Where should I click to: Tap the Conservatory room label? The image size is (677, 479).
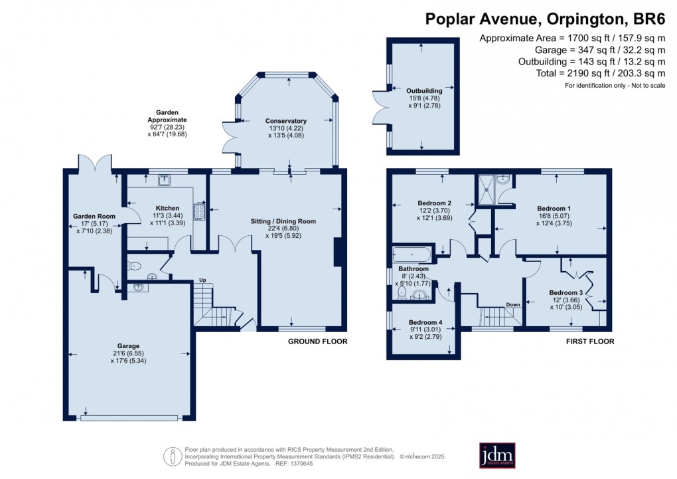pos(286,121)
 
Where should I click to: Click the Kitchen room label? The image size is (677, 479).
pos(168,207)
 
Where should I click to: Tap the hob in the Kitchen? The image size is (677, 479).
pos(199,211)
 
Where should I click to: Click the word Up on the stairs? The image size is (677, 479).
pos(203,280)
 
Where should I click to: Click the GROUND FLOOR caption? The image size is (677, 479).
pos(317,341)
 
